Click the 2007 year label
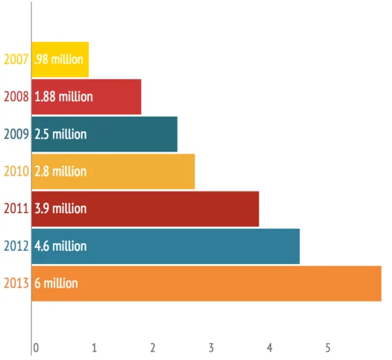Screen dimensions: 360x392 [16, 59]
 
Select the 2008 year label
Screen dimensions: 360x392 [16, 97]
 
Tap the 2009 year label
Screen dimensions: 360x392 [16, 134]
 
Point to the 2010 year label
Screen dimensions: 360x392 [16, 171]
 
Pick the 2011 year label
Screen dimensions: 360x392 [16, 208]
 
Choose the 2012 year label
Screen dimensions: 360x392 [16, 246]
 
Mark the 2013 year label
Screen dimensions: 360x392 [16, 283]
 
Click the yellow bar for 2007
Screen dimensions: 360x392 [60, 59]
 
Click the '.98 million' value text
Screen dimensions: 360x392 [59, 59]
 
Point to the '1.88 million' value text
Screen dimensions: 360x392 [63, 97]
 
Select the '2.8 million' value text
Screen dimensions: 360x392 [60, 171]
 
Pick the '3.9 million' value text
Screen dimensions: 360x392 [60, 208]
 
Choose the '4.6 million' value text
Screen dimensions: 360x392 [60, 246]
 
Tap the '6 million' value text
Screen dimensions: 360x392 [56, 283]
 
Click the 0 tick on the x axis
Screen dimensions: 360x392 [36, 347]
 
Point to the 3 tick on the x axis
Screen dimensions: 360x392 [212, 347]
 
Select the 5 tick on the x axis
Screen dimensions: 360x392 [329, 347]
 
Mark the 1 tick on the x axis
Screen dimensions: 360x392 [95, 347]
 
